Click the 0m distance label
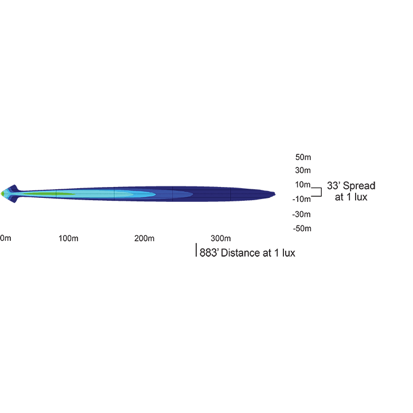point(6,238)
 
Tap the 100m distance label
point(68,238)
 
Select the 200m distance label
point(145,238)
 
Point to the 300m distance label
point(221,238)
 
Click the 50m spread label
point(303,157)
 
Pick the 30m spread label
point(303,170)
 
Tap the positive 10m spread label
point(303,185)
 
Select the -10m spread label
point(302,199)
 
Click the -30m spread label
point(302,215)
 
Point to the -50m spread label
point(302,228)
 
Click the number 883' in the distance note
point(209,253)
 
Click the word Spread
point(359,186)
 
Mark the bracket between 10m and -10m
point(317,192)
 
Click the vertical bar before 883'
point(197,251)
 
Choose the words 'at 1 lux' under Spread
point(351,197)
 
